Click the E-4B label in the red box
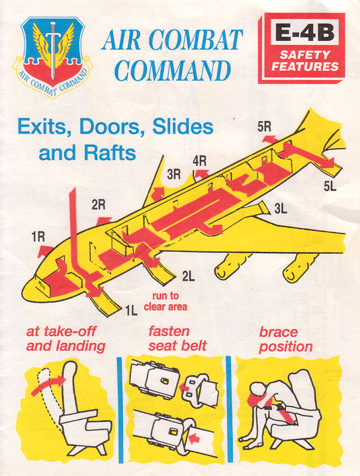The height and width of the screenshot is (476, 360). point(304,32)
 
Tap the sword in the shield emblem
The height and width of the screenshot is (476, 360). point(53,50)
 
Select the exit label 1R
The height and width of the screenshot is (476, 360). point(38,237)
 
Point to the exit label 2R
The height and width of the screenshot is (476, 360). point(99,206)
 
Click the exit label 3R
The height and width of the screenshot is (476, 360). point(174,175)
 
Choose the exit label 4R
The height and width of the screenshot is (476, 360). point(200,161)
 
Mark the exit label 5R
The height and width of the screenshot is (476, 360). point(264,127)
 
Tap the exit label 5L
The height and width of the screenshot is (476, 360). point(330,186)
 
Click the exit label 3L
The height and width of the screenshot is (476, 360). point(281,208)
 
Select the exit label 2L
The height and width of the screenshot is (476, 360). point(189,276)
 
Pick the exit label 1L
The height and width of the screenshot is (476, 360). point(131,310)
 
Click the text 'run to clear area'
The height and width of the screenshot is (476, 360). point(165,301)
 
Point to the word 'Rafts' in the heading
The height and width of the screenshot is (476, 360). point(110,153)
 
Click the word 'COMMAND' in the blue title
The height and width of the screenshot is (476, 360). point(172,71)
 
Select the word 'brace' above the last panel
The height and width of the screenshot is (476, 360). point(279,332)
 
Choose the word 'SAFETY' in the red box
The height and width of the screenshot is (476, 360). point(304,55)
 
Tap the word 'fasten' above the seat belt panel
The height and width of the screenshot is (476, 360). point(169,331)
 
